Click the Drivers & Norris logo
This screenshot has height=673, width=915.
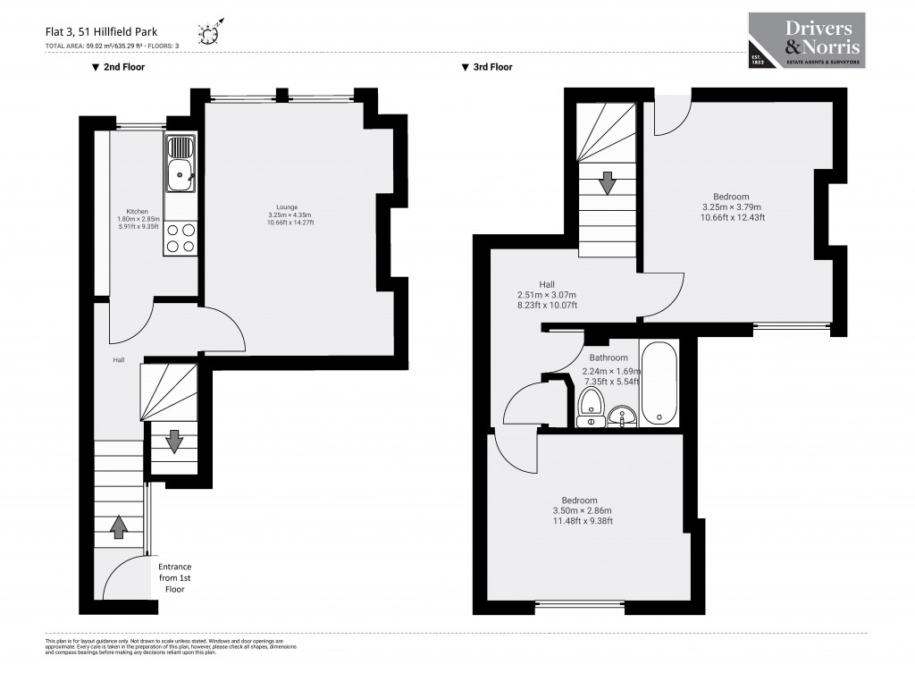click(807, 41)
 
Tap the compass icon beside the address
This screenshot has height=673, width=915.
click(209, 34)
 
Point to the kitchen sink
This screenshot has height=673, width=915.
click(180, 165)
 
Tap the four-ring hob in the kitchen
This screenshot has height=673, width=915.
click(180, 237)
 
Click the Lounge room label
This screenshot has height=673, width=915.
click(290, 215)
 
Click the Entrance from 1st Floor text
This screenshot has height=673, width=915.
click(174, 578)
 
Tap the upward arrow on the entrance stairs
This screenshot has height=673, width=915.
click(118, 527)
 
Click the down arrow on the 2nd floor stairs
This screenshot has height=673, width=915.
click(174, 441)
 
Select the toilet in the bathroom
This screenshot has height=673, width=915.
click(590, 411)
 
